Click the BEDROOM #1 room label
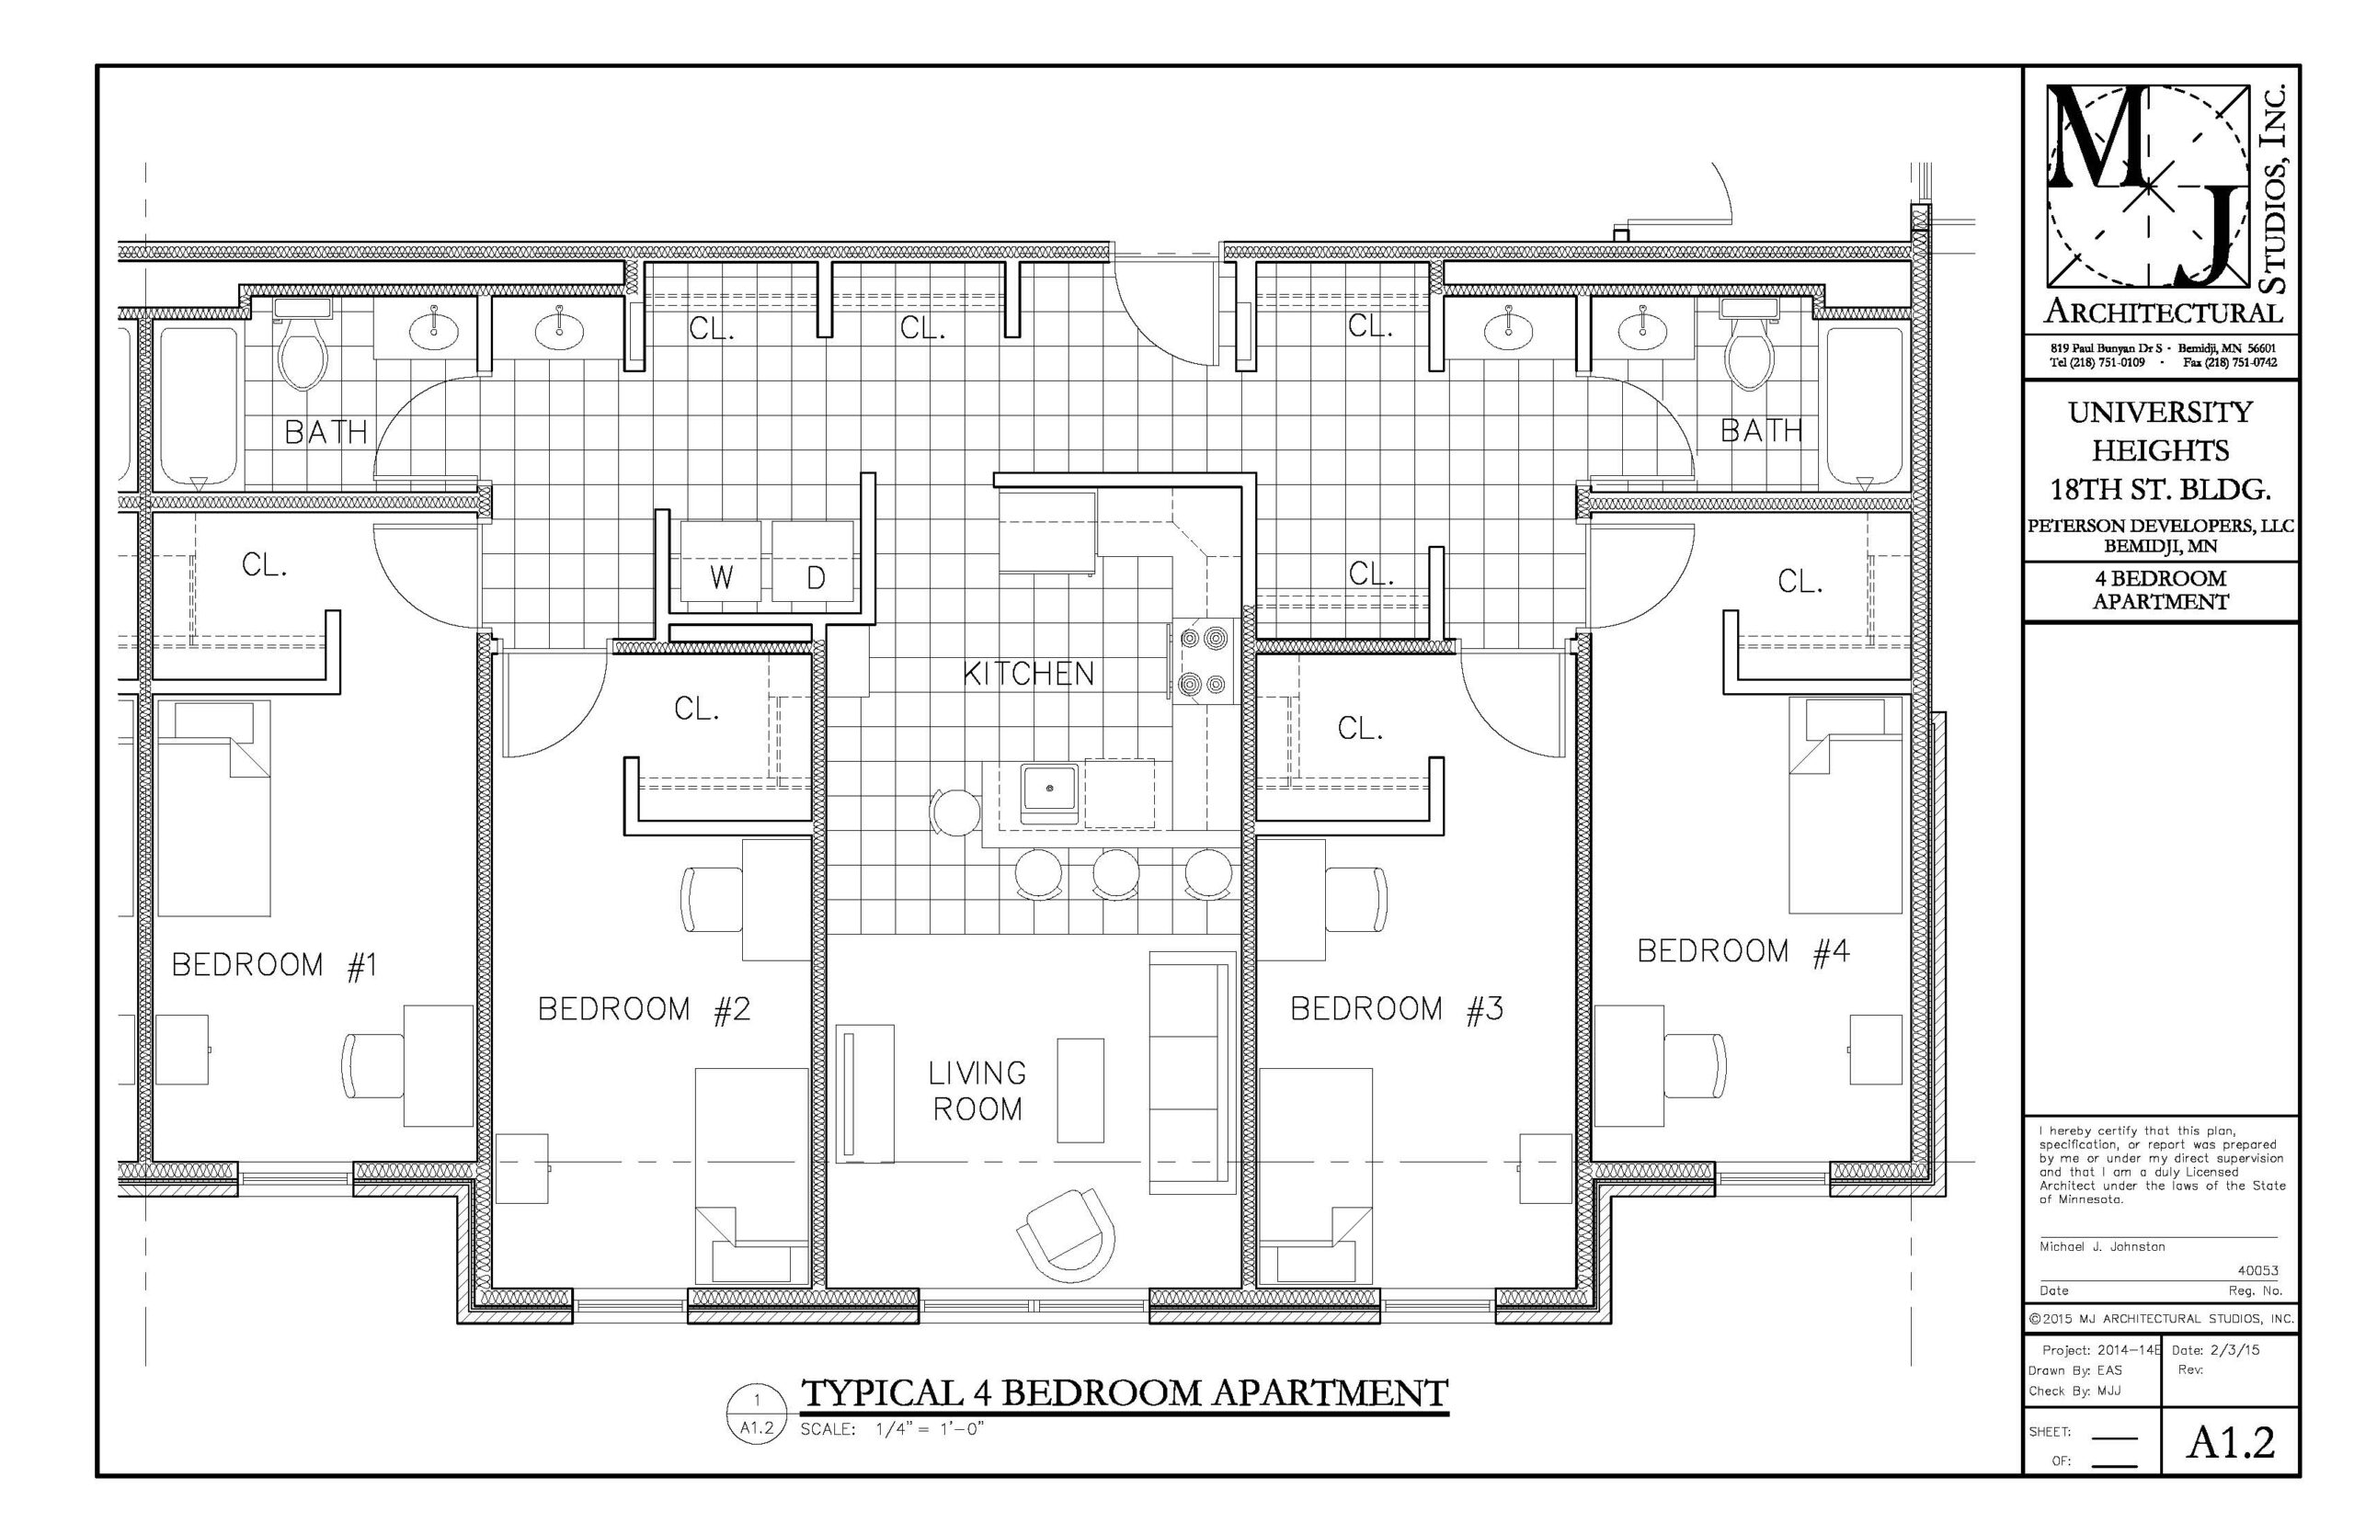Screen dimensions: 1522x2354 click(x=274, y=965)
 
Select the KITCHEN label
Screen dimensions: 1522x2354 click(x=1028, y=674)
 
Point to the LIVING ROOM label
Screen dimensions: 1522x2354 click(x=977, y=1091)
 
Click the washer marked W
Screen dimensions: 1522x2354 click(x=720, y=562)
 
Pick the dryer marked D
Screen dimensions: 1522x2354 click(x=813, y=562)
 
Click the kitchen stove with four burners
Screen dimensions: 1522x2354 click(x=1205, y=660)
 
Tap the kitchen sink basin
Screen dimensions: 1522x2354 click(x=1049, y=789)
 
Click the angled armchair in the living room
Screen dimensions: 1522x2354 click(x=1066, y=1232)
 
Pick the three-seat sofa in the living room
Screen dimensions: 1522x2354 click(x=1192, y=1072)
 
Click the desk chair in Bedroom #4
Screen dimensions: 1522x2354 click(x=1695, y=1065)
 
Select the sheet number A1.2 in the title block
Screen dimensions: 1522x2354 click(x=2230, y=1442)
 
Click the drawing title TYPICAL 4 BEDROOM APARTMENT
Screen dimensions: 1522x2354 click(x=1123, y=1392)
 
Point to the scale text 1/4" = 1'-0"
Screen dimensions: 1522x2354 click(x=930, y=1429)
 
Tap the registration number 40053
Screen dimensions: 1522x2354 click(x=2258, y=1271)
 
